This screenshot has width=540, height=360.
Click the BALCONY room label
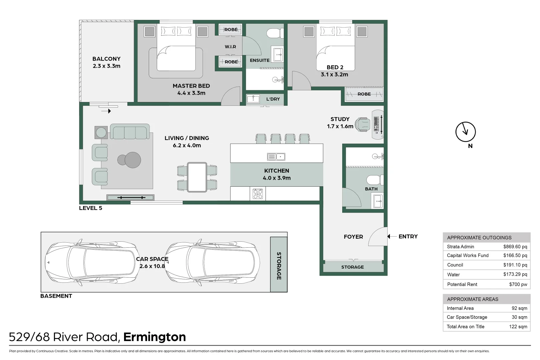106,59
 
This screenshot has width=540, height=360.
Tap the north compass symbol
465,132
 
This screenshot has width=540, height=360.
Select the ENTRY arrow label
408,236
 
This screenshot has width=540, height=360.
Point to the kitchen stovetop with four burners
258,194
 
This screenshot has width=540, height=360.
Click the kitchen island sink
276,157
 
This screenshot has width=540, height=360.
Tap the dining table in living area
197,177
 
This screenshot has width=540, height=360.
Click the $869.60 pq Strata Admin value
515,247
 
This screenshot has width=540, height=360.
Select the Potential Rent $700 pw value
518,284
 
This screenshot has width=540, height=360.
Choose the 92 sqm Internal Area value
519,308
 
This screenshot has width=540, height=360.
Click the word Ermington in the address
154,337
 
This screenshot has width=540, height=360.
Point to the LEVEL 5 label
90,208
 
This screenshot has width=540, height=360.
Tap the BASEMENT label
56,296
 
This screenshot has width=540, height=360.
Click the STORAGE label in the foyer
352,267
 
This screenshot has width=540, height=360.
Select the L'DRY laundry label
273,99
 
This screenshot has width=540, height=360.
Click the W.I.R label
230,47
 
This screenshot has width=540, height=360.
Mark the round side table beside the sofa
101,133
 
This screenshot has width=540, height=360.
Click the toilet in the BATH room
374,180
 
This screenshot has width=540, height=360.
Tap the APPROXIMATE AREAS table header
472,299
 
